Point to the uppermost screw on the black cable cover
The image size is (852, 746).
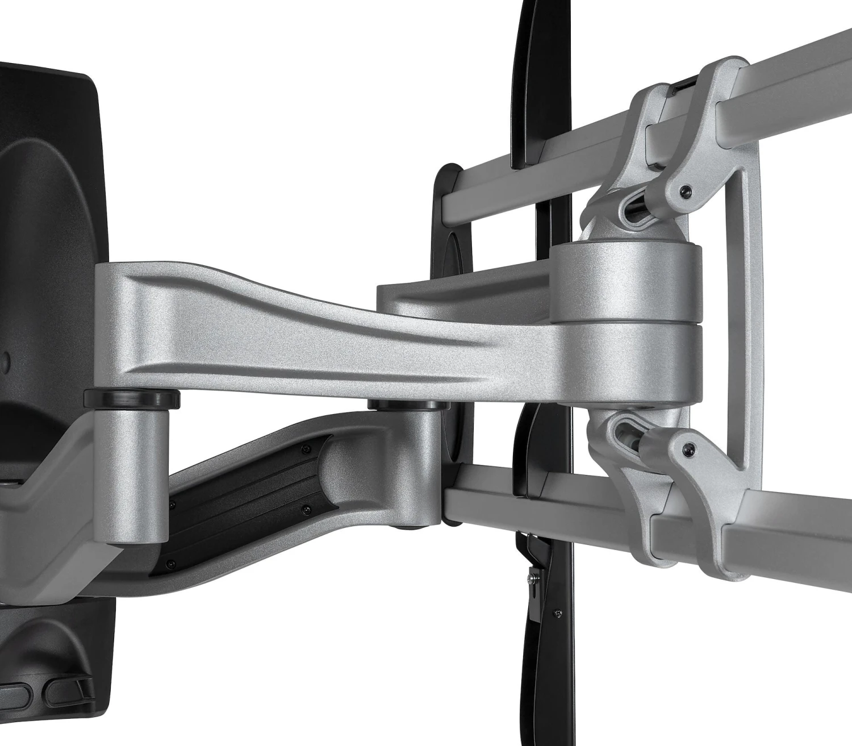[x=307, y=449]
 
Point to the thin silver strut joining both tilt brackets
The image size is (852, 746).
[x=750, y=318]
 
